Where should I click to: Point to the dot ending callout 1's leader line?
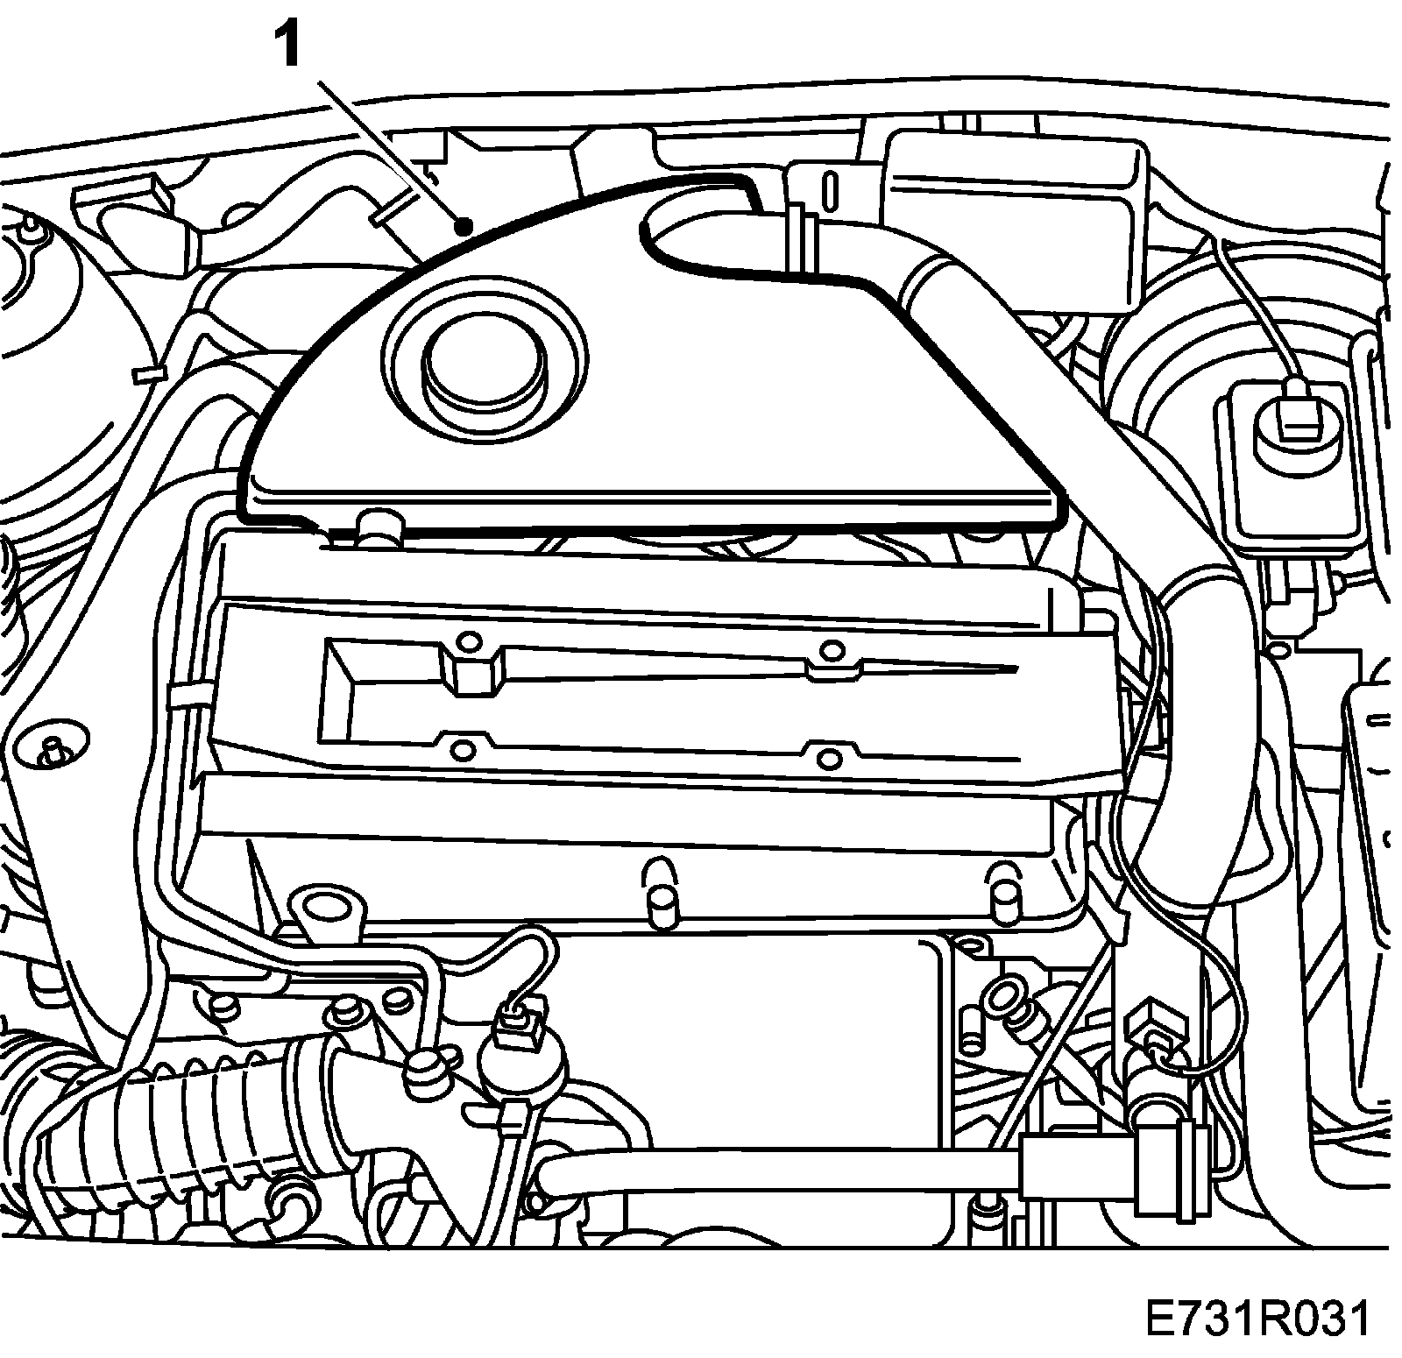pyautogui.click(x=465, y=227)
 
